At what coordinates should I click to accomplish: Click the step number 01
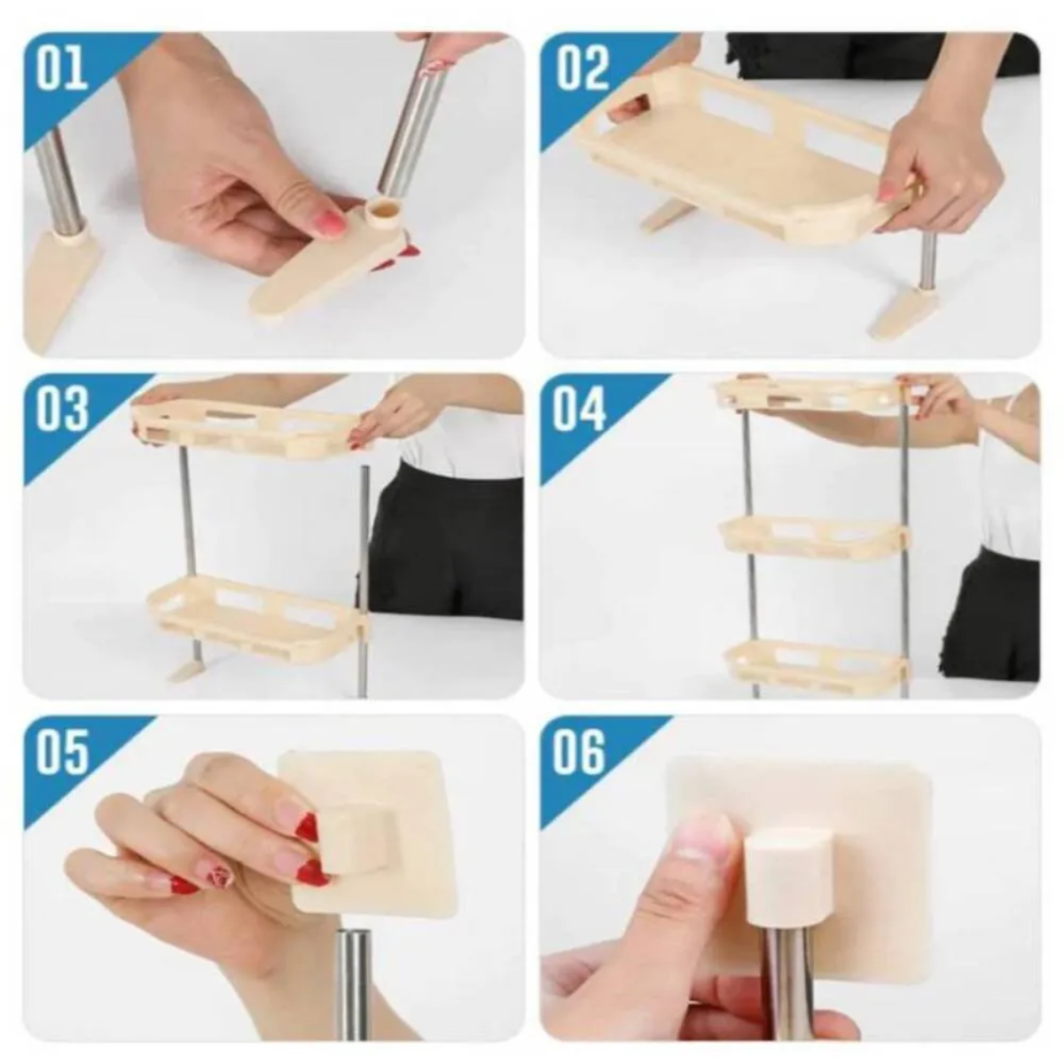click(61, 68)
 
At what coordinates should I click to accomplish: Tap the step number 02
click(583, 68)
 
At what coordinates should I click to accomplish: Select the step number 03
click(62, 410)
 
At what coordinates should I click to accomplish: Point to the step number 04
click(581, 410)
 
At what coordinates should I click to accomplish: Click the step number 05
click(62, 751)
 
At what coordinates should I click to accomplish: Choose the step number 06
click(581, 751)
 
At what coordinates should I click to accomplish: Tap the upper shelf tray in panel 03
click(253, 426)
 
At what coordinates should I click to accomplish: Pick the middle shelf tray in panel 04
click(811, 536)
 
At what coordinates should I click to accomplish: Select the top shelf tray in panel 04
click(811, 395)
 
